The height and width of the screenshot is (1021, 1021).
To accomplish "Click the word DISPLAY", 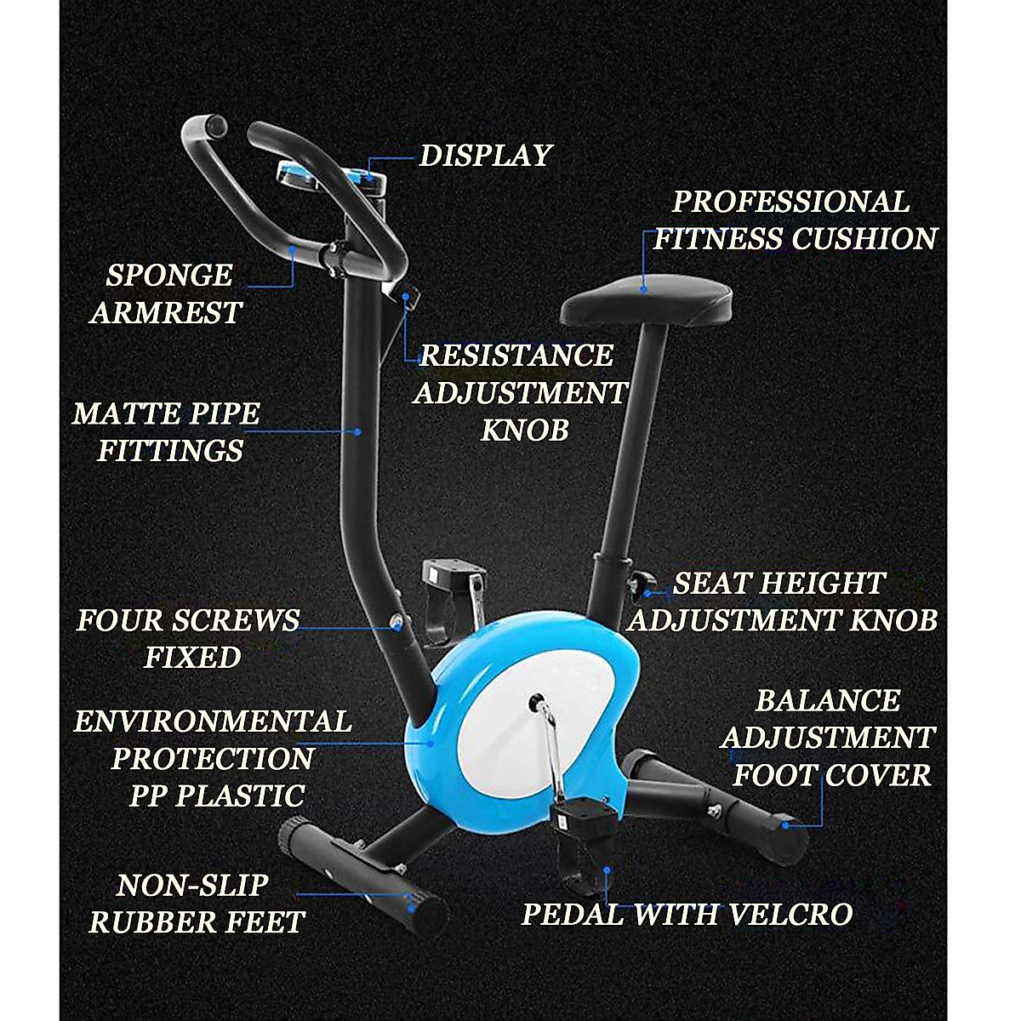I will (x=486, y=156).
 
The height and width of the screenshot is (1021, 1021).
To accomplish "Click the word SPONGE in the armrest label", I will (x=168, y=276).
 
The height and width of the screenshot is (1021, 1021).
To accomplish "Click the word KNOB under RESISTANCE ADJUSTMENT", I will (x=524, y=431).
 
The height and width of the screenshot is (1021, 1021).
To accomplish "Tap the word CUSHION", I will (x=864, y=239).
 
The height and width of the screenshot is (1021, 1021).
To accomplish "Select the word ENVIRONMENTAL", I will (x=213, y=722).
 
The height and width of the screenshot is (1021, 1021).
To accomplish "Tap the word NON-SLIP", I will (x=192, y=886).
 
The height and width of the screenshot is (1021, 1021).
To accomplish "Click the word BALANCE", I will (x=827, y=701).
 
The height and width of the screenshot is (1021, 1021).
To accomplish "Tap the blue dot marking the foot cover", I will (x=784, y=824).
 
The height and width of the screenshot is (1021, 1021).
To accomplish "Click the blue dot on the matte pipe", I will (x=357, y=432).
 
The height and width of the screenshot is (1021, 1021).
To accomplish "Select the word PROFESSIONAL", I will (x=790, y=202).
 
